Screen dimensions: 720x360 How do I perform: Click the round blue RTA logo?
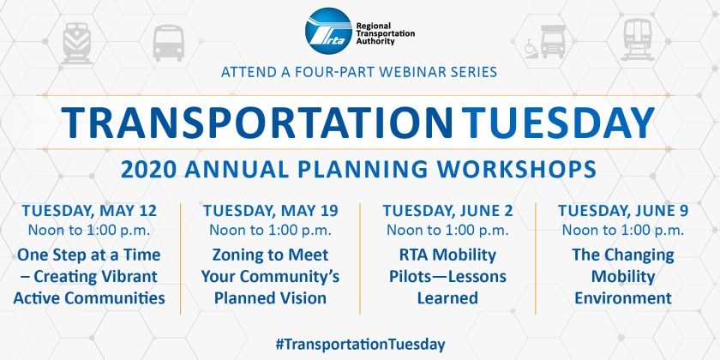click(329, 31)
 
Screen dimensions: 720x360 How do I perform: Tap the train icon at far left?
click(76, 43)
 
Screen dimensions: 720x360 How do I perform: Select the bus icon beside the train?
click(169, 43)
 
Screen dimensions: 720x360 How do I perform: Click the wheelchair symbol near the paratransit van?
click(531, 47)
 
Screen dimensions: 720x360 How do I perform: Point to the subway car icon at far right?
click(637, 39)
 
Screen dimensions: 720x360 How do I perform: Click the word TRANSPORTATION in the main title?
click(256, 123)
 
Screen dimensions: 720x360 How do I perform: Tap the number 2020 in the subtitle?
click(148, 169)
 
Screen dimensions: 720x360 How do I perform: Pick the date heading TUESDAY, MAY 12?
click(89, 211)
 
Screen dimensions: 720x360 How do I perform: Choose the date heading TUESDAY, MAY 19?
click(271, 211)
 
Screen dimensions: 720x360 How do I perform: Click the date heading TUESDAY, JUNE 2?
click(447, 211)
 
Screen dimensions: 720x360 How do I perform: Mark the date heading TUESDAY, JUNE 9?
click(623, 211)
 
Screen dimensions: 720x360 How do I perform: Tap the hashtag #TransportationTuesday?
click(360, 345)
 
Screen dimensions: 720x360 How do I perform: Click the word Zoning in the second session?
click(236, 255)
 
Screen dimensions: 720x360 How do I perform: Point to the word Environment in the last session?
click(623, 298)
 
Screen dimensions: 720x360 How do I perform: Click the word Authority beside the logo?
click(375, 41)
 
